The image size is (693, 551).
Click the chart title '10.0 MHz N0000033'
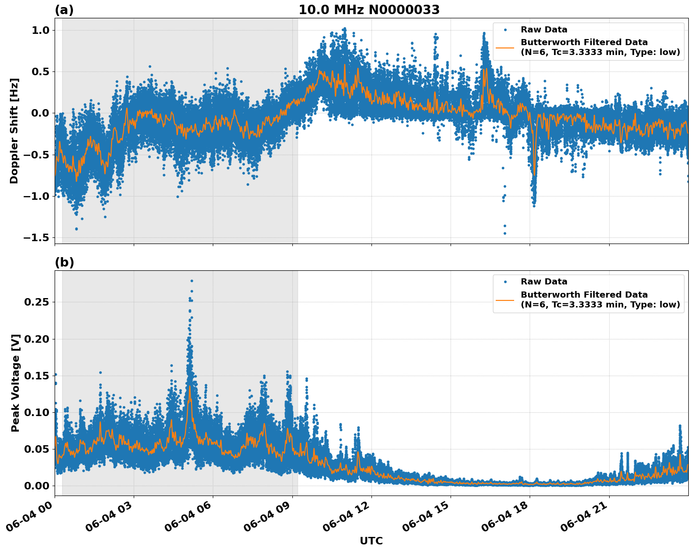(369, 10)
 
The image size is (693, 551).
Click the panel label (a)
(64, 10)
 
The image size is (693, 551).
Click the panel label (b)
(64, 262)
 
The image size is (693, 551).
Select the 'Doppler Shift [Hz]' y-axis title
(14, 131)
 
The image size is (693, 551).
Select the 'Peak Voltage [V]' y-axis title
(16, 383)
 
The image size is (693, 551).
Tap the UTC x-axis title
(371, 541)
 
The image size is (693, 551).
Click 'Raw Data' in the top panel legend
(544, 30)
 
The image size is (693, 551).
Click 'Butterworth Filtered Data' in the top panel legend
(584, 42)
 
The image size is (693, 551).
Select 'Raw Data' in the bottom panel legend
(544, 282)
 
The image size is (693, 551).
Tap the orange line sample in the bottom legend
(505, 299)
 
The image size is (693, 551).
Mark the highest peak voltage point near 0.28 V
(192, 281)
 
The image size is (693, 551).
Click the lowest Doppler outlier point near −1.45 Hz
(505, 233)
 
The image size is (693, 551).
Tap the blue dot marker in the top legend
(505, 30)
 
